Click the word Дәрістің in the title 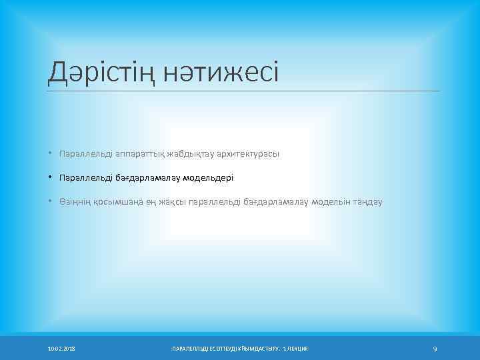[93, 71]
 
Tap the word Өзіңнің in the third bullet [75, 201]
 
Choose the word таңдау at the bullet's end [368, 201]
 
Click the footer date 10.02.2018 [61, 349]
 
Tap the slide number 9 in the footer [435, 349]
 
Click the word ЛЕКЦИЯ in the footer [299, 349]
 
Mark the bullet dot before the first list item [50, 154]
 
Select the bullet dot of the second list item [50, 178]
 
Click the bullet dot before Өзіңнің [50, 201]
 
